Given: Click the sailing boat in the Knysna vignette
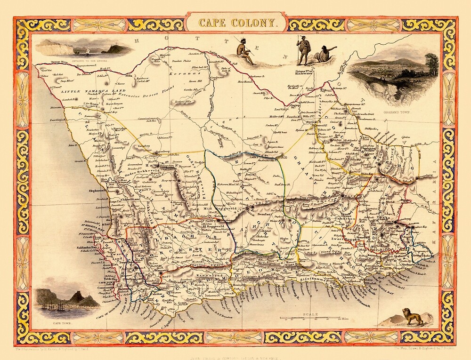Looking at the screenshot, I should (x=88, y=50).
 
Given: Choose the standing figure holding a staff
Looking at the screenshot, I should (x=303, y=49).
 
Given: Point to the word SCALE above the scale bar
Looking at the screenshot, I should (x=310, y=314).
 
